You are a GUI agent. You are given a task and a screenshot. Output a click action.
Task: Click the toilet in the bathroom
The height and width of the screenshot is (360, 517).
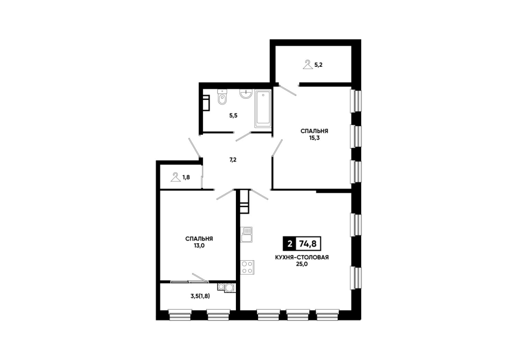pyautogui.click(x=222, y=97)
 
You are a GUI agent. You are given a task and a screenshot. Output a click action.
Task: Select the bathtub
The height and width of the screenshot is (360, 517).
pyautogui.click(x=263, y=109)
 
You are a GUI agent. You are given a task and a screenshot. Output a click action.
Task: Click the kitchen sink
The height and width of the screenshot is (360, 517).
pyautogui.click(x=247, y=235)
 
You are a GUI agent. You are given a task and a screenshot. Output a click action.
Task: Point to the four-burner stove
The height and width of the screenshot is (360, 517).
pyautogui.click(x=248, y=267)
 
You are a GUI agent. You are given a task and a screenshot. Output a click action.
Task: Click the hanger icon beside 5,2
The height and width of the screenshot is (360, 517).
pyautogui.click(x=307, y=64)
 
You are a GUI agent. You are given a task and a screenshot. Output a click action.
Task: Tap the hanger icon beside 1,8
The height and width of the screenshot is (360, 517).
pyautogui.click(x=175, y=177)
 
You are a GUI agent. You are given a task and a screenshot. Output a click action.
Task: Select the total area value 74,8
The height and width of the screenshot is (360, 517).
pyautogui.click(x=308, y=244)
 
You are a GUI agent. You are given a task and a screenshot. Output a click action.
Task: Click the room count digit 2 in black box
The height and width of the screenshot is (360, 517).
pyautogui.click(x=290, y=244)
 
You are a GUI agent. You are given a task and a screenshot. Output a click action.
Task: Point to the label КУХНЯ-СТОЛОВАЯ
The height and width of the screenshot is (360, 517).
pyautogui.click(x=302, y=257)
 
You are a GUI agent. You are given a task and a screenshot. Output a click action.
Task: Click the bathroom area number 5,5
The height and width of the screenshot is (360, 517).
pyautogui.click(x=233, y=116)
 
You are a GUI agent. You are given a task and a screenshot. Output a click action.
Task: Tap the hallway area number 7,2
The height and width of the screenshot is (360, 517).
pyautogui.click(x=233, y=160)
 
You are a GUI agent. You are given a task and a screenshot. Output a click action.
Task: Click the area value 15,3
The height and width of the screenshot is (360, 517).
pyautogui.click(x=314, y=138)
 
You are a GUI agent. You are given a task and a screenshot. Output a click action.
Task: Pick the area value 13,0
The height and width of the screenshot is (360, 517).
pyautogui.click(x=199, y=245)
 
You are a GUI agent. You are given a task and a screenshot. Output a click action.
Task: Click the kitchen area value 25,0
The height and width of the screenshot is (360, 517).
pyautogui.click(x=302, y=264)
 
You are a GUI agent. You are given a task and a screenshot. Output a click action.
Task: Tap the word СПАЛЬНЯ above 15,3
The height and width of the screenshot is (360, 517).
pyautogui.click(x=314, y=131)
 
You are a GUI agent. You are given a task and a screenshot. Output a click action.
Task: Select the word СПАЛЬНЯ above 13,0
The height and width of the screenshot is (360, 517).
pyautogui.click(x=199, y=239)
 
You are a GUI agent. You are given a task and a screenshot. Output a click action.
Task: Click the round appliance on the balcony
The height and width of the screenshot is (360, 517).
pyautogui.click(x=228, y=287)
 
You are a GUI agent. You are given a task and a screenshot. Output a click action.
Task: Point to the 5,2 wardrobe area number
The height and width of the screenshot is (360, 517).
pyautogui.click(x=318, y=65)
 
